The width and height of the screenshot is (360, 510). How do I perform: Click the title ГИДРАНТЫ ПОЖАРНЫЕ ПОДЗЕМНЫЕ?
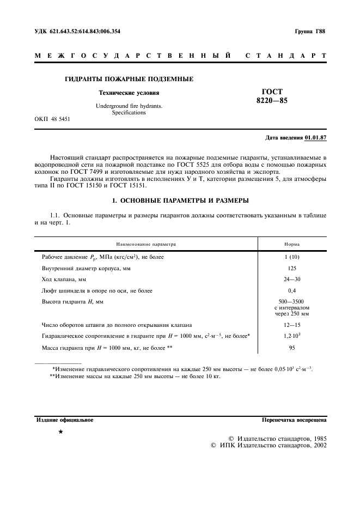click(x=129, y=80)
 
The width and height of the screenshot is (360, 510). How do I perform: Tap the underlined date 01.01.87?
click(x=316, y=137)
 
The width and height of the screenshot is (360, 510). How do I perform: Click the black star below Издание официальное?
click(x=60, y=432)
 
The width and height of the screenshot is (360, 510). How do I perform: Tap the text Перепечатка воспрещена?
click(x=294, y=420)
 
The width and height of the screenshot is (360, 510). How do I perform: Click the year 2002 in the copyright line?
click(x=316, y=445)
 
